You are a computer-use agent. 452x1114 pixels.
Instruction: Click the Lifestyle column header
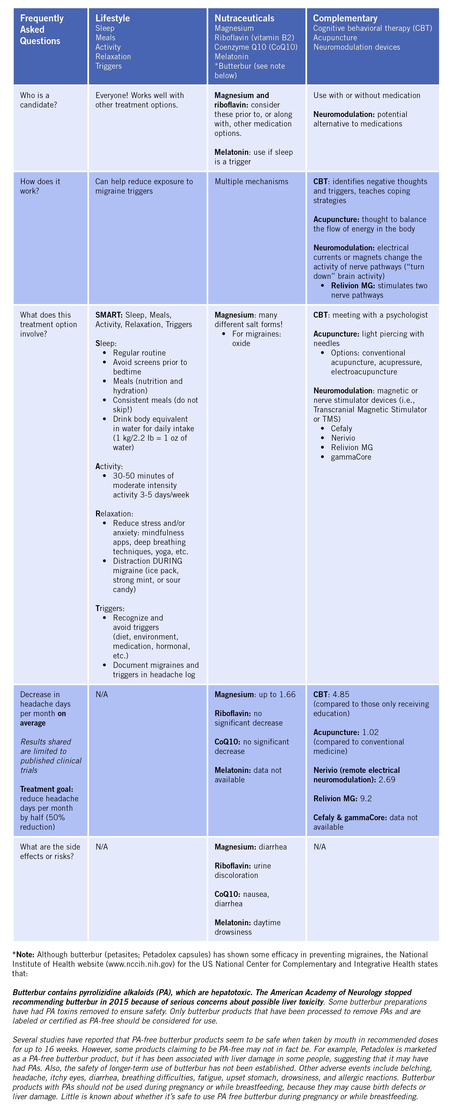pyautogui.click(x=112, y=18)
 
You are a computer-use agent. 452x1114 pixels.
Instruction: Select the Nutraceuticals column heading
pyautogui.click(x=244, y=18)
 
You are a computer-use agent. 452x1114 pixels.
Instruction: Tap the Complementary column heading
pyautogui.click(x=345, y=18)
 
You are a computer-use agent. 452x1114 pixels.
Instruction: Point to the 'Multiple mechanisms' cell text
pyautogui.click(x=251, y=182)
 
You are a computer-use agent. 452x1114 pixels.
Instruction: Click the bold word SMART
pyautogui.click(x=109, y=315)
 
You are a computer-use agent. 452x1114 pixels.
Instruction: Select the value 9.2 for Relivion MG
pyautogui.click(x=366, y=798)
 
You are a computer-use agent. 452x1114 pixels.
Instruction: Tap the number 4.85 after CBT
pyautogui.click(x=341, y=694)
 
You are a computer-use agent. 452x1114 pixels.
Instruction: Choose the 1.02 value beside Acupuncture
pyautogui.click(x=370, y=732)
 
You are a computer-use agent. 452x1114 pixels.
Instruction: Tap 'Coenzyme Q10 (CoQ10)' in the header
pyautogui.click(x=256, y=47)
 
